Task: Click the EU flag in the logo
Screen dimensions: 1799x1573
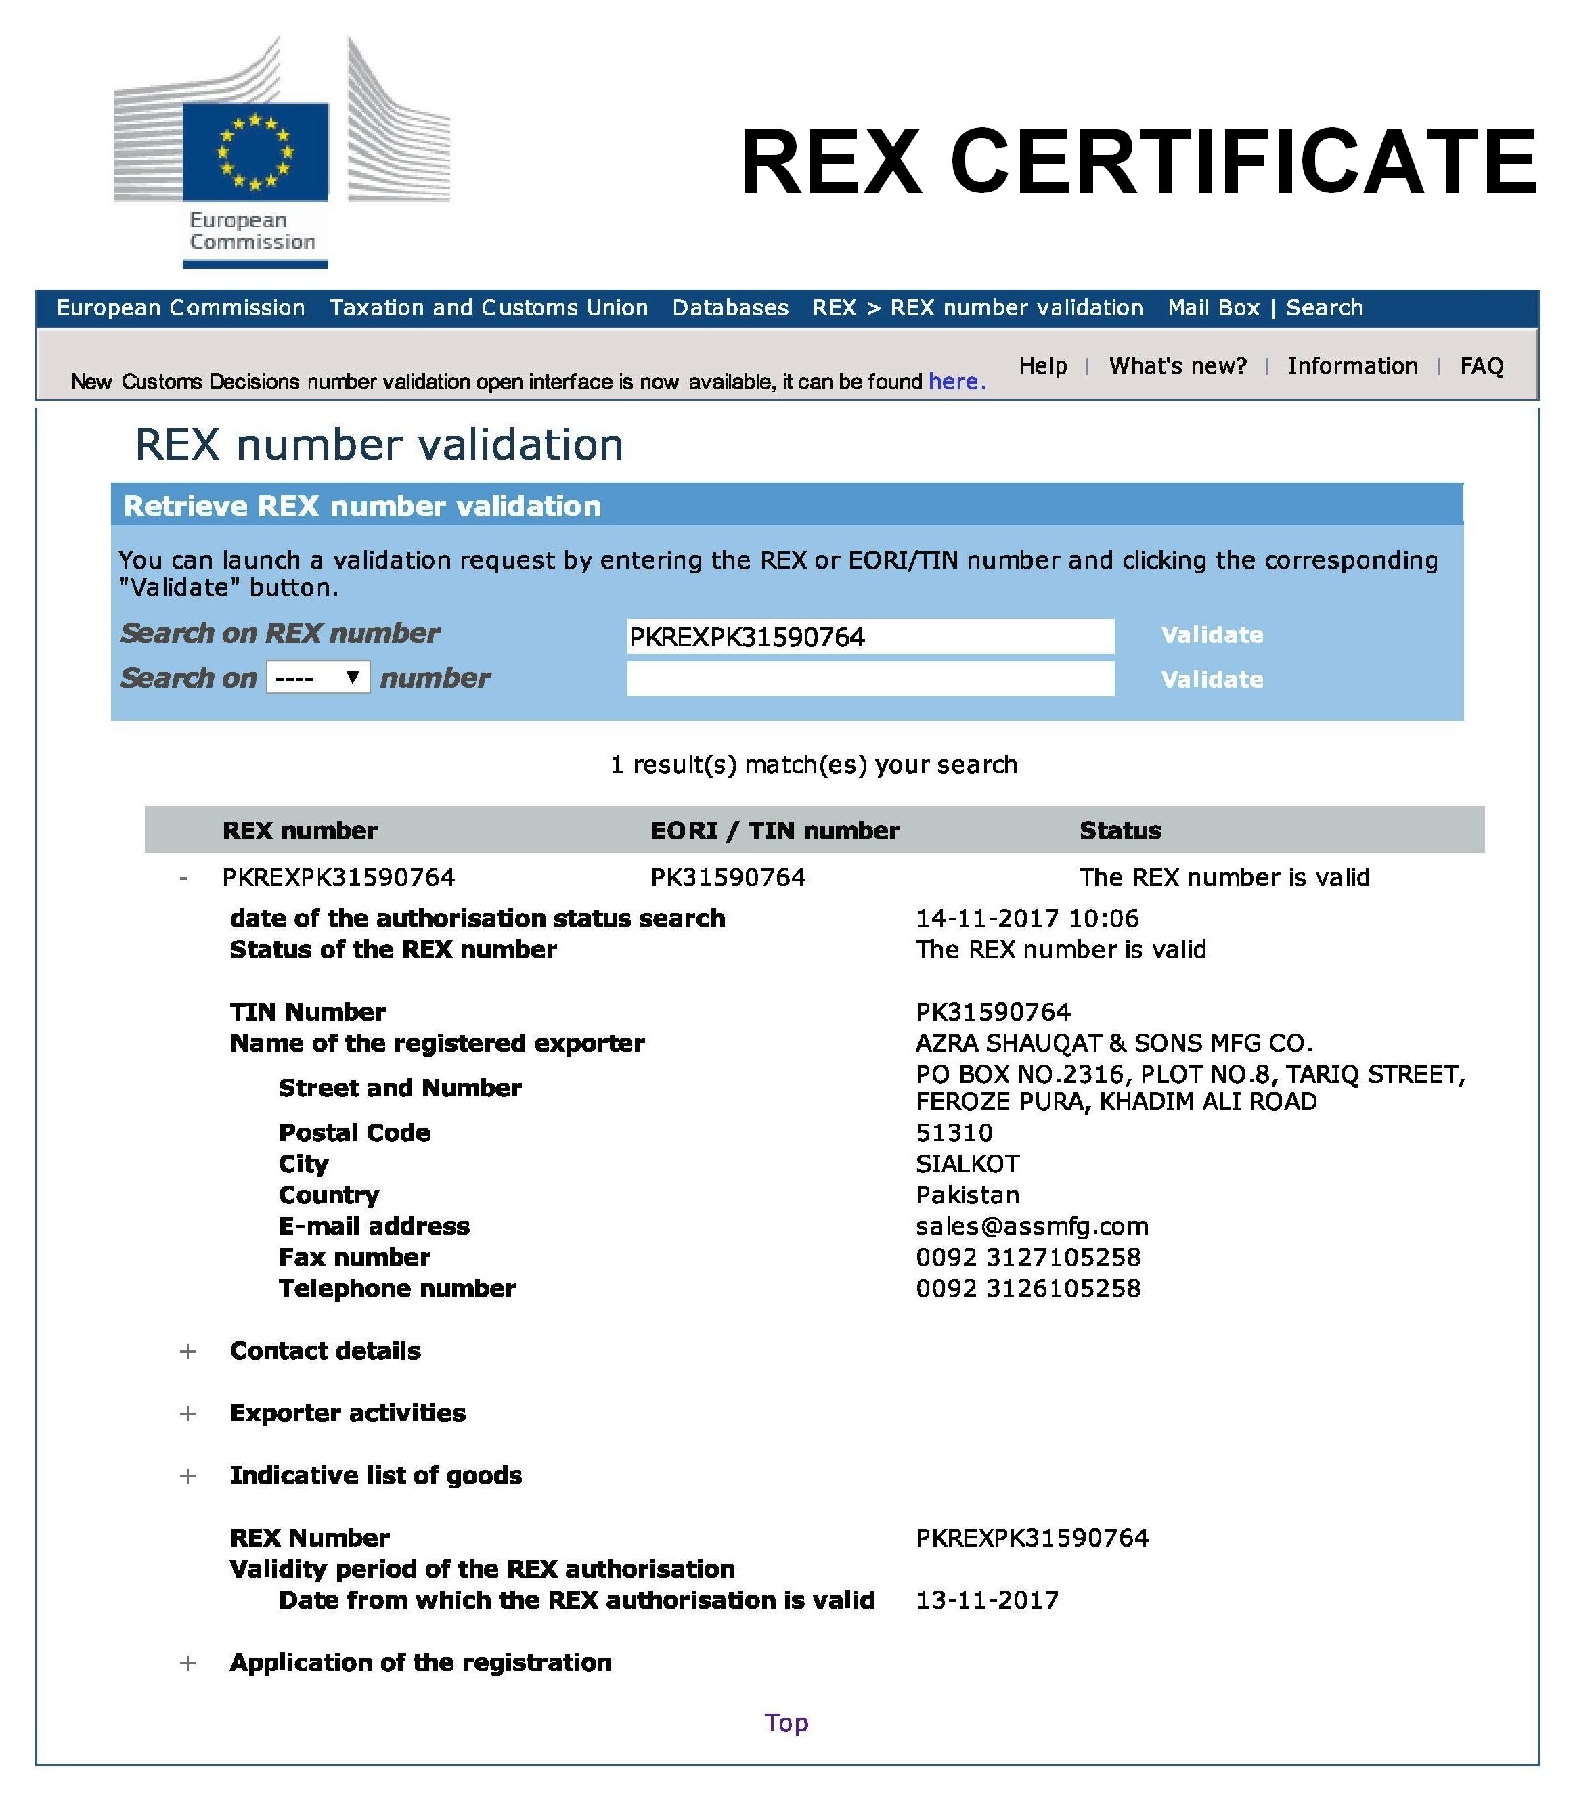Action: click(254, 152)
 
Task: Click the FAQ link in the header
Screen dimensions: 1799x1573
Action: click(1481, 366)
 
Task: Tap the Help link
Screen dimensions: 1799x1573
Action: click(1043, 366)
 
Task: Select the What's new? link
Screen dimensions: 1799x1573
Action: click(1177, 366)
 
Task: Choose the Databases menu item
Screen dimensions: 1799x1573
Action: click(730, 308)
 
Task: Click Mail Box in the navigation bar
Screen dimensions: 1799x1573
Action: click(1213, 308)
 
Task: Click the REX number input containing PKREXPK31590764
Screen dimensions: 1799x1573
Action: click(870, 636)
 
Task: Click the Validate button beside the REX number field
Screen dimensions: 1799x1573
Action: click(1212, 634)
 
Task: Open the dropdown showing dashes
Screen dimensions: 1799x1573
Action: click(317, 678)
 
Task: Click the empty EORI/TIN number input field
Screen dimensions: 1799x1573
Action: click(870, 678)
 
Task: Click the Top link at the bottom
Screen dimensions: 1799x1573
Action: click(786, 1723)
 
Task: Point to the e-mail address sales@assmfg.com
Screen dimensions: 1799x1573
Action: click(1032, 1226)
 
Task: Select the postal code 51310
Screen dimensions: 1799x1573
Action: click(954, 1132)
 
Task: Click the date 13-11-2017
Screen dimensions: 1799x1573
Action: click(987, 1600)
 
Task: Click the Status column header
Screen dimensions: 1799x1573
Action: click(1120, 830)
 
